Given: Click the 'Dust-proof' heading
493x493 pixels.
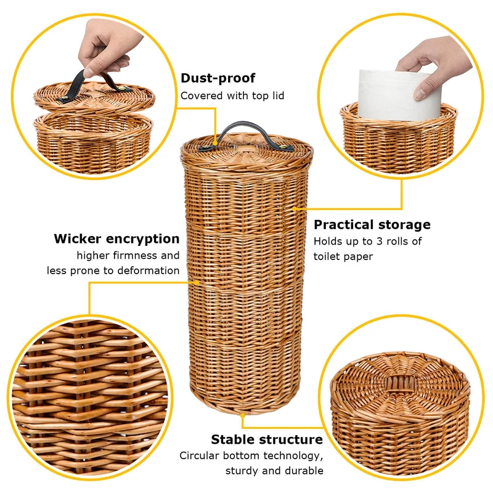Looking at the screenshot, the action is tap(218, 78).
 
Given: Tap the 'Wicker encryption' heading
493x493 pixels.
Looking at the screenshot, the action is tap(116, 239).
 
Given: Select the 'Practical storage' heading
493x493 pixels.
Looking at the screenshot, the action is tap(372, 225).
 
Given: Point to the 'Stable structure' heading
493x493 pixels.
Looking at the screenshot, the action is tap(267, 439).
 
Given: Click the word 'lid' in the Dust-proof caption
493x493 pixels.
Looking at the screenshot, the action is tap(277, 96).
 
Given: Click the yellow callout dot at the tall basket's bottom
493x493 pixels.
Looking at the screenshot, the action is tap(242, 415).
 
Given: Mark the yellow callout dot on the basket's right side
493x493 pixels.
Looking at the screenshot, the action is tap(295, 208).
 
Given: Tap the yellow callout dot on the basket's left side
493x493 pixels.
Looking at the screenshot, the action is tap(197, 282).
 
